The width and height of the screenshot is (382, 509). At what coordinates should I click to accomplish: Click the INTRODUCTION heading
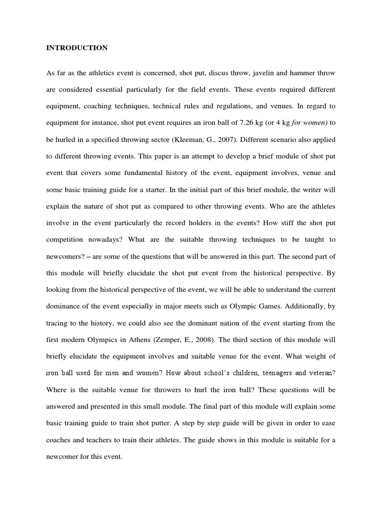pyautogui.click(x=77, y=48)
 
